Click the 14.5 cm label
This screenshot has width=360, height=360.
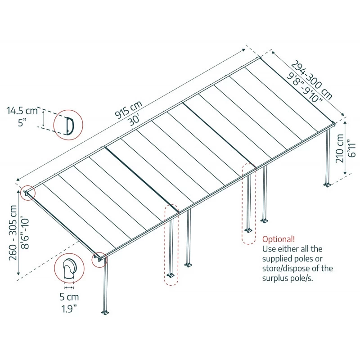tap(22, 110)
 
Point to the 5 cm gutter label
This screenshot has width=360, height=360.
tap(69, 297)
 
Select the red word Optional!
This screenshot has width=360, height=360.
tap(279, 239)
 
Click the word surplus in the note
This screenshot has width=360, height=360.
tap(277, 278)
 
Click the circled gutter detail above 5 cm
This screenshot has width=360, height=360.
tap(69, 270)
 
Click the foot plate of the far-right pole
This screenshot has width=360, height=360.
tap(327, 184)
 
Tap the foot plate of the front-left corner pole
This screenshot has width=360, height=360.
tap(105, 312)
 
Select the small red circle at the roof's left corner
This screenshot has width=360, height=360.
tap(27, 193)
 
